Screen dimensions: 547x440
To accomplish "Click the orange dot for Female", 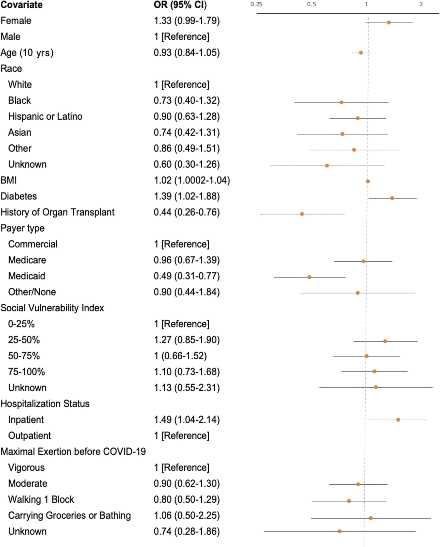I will point(389,23).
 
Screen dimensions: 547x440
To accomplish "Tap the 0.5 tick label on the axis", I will point(311,4).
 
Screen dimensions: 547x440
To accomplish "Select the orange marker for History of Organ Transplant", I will point(302,214).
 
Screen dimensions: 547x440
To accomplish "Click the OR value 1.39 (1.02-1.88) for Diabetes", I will point(186,196).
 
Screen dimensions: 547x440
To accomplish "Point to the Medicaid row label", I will point(27,276).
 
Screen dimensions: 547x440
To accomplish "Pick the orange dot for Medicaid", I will point(309,277).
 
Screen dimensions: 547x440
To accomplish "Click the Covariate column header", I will point(22,5).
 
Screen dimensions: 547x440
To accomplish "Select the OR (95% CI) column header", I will point(180,5).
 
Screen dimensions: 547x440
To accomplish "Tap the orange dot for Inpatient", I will point(398,420).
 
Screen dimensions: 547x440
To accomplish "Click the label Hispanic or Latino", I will point(45,116).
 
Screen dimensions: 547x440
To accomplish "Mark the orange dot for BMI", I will point(368,182).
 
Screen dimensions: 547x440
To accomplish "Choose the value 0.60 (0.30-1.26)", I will point(186,164).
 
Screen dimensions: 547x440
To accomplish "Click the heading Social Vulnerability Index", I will point(52,308).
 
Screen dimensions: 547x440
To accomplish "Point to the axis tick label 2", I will point(421,4).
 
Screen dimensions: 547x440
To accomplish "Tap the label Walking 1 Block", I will point(41,500).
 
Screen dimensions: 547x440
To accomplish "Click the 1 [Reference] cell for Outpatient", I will point(182,436).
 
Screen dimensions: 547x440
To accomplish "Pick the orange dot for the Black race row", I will point(341,103).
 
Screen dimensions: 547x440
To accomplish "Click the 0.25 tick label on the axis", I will point(256,4).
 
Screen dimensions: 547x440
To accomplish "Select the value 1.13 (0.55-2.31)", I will point(186,388).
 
